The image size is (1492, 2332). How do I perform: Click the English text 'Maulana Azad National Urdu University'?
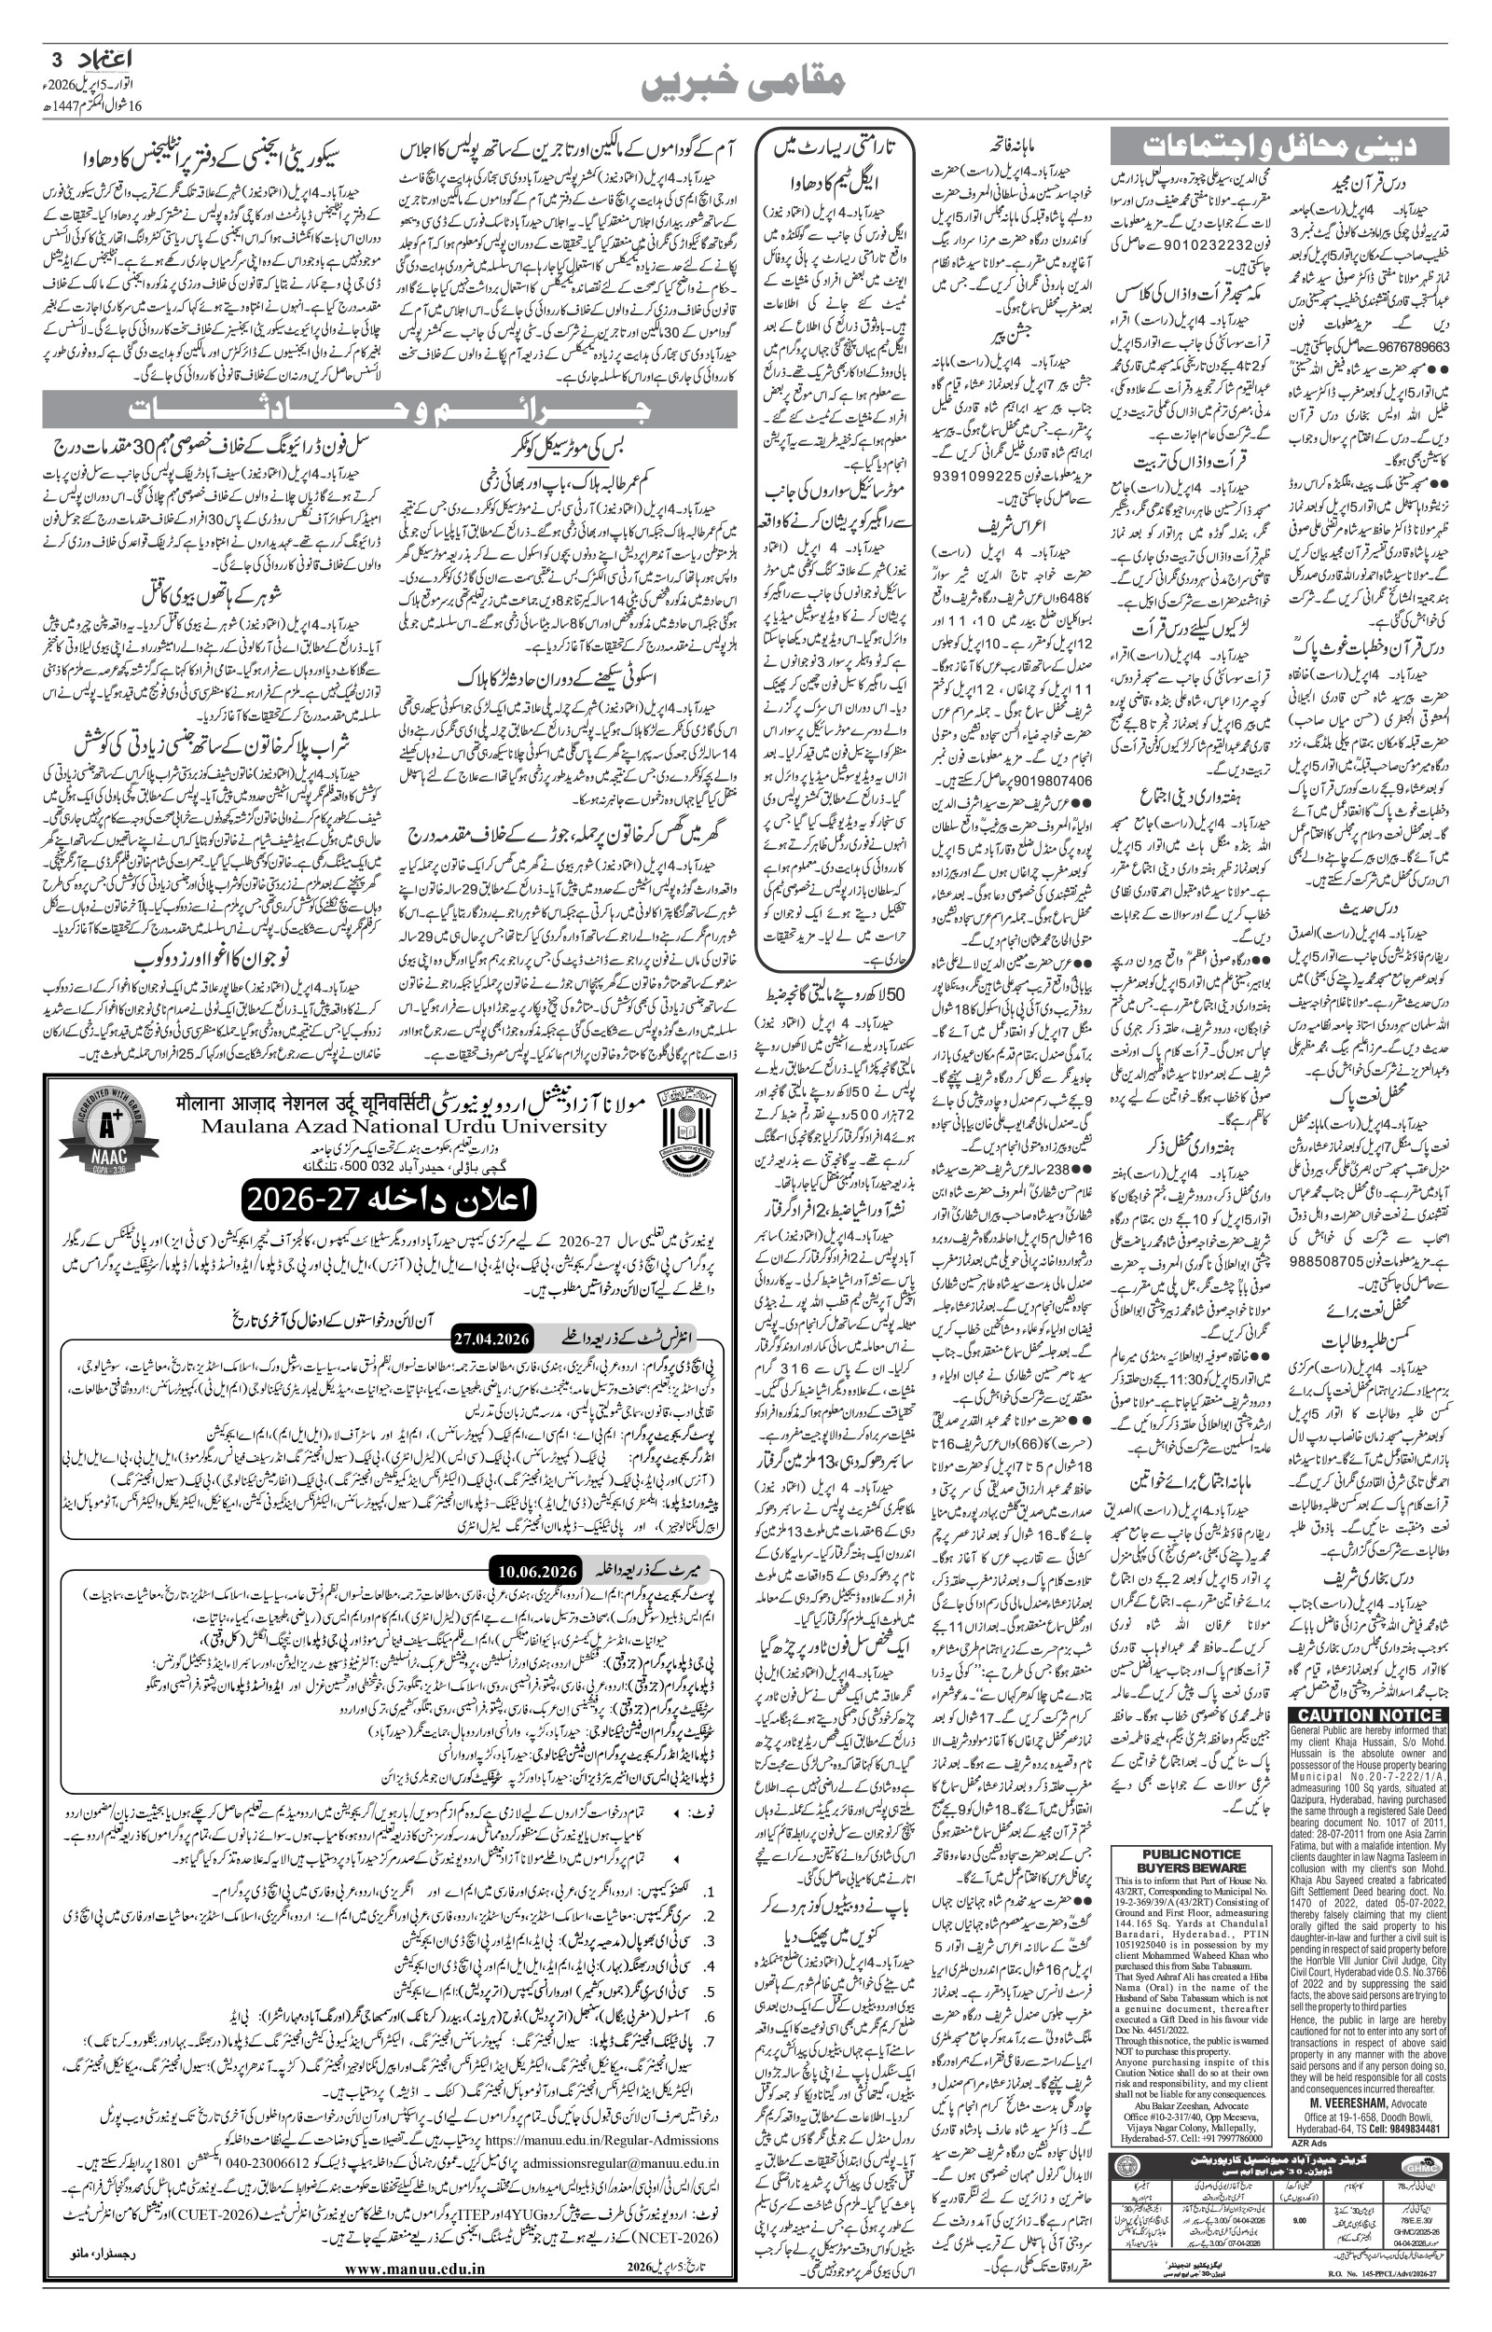(x=404, y=1127)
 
